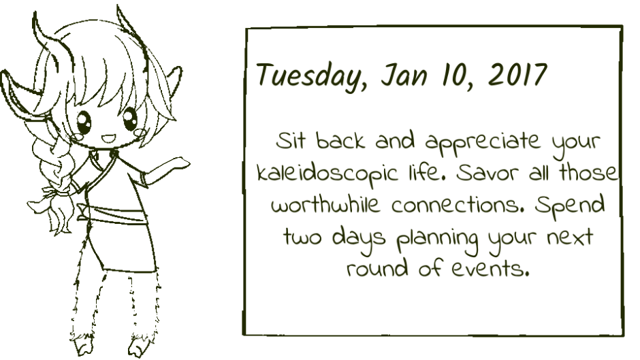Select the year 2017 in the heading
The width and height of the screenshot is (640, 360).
(517, 75)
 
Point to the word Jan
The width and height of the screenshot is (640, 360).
(404, 75)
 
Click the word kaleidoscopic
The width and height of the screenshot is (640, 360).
(327, 174)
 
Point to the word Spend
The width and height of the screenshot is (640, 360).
(570, 206)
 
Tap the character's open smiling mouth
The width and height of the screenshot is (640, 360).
(108, 139)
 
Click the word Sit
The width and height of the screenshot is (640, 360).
(290, 140)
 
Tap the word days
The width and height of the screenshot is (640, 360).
(358, 240)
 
